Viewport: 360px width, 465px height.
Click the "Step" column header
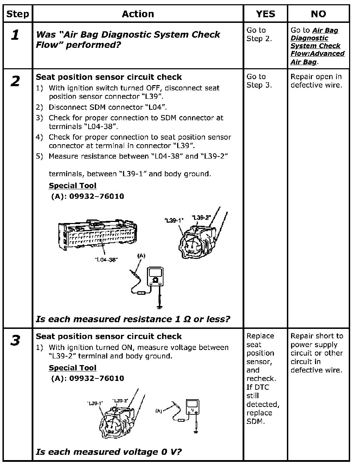(17, 14)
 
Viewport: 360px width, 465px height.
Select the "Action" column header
(138, 14)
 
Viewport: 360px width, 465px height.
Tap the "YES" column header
(265, 14)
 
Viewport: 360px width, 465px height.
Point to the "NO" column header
(318, 14)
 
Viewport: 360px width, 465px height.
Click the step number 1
(15, 35)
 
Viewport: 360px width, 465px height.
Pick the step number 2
(15, 82)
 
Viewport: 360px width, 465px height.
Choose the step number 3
(15, 341)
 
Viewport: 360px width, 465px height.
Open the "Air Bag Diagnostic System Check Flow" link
(317, 46)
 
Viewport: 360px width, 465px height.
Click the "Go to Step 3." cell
(259, 81)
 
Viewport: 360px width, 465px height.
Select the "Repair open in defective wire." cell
(316, 81)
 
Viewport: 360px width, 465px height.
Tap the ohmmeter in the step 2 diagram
(154, 276)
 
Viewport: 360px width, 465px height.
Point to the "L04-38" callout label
(106, 260)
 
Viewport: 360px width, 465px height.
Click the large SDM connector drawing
(97, 234)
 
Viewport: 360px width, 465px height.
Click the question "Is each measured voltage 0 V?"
(109, 452)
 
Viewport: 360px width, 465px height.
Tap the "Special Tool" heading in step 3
(72, 368)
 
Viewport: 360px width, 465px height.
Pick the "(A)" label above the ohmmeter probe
(141, 256)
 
